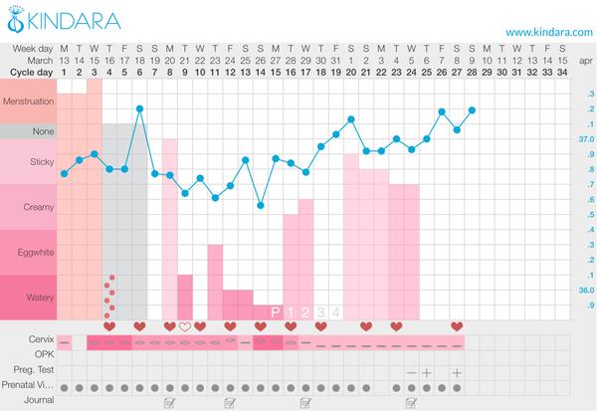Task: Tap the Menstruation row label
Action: coord(30,102)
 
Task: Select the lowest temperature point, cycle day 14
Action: coord(261,205)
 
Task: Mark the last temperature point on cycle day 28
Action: coord(472,109)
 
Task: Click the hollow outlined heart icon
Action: coord(185,326)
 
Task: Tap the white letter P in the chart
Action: coord(276,312)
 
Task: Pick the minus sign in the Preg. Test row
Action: coord(411,371)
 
